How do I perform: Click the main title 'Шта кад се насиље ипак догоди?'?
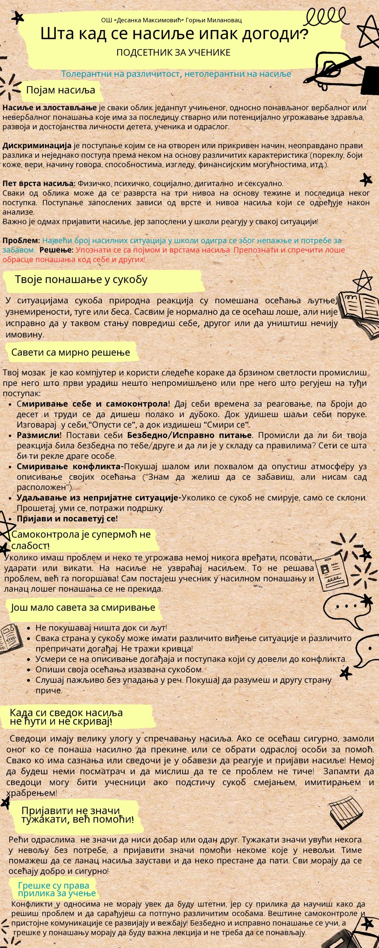(174, 34)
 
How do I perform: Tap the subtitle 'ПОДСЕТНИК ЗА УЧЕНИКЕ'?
(173, 53)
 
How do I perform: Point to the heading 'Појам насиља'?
(60, 90)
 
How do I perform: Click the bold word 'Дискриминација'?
(37, 146)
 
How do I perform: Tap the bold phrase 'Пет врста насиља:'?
(39, 183)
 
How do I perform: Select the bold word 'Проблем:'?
(21, 240)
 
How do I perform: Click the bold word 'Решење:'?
(56, 250)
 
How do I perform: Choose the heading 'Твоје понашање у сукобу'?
(81, 280)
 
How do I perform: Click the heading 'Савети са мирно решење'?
(71, 352)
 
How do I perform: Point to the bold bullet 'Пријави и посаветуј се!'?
(67, 518)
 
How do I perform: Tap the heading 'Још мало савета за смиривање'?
(83, 608)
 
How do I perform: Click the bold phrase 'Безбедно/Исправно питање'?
(189, 435)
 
